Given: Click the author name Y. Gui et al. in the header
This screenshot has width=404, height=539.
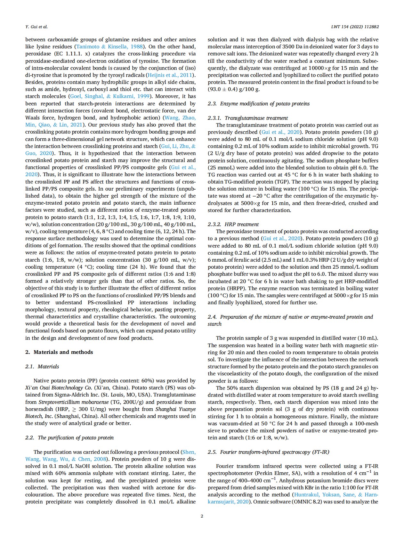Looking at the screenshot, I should [x=36, y=27].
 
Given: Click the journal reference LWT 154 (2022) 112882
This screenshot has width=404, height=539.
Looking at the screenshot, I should [x=355, y=27].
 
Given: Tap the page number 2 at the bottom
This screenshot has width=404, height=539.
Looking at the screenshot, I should [x=202, y=516].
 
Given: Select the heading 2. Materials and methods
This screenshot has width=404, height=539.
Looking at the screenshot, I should [x=59, y=352].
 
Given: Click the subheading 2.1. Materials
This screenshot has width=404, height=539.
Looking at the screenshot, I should [x=42, y=366].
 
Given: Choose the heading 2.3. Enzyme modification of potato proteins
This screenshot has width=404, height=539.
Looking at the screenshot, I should [x=259, y=103].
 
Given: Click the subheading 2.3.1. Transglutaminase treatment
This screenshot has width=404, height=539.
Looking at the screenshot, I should [x=248, y=118].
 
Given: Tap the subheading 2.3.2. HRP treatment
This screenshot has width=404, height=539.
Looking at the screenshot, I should [x=233, y=224].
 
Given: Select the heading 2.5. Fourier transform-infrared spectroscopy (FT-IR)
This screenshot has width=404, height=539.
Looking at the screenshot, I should [x=268, y=452].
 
